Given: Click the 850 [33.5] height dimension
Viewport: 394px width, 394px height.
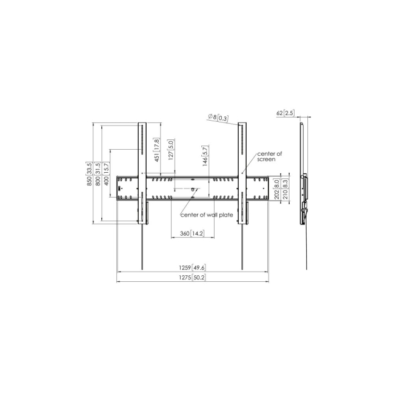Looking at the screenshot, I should tap(89, 174).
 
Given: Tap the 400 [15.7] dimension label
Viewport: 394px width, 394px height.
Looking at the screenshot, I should tap(107, 174).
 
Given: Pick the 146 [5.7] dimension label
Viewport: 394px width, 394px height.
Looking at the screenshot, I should tap(205, 156).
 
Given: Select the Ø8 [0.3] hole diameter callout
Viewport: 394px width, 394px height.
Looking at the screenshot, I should tap(218, 118).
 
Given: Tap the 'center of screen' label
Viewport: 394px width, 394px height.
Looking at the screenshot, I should tap(270, 156).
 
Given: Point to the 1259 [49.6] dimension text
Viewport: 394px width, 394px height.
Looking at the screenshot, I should tap(192, 267).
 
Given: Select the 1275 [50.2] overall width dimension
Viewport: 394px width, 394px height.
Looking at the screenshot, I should tap(192, 277).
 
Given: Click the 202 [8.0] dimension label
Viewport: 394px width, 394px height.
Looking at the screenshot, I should tap(276, 189).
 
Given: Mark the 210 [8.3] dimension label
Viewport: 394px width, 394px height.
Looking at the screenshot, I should tap(284, 189).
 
